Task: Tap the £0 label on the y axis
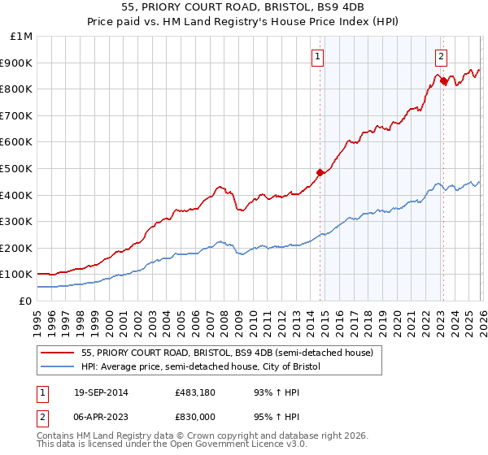pyautogui.click(x=26, y=301)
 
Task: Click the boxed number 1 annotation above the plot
pyautogui.click(x=316, y=56)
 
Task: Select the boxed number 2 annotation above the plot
pyautogui.click(x=440, y=56)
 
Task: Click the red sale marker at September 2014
pyautogui.click(x=320, y=172)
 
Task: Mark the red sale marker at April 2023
pyautogui.click(x=442, y=80)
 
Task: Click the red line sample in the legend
pyautogui.click(x=58, y=353)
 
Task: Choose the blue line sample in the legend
pyautogui.click(x=58, y=367)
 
